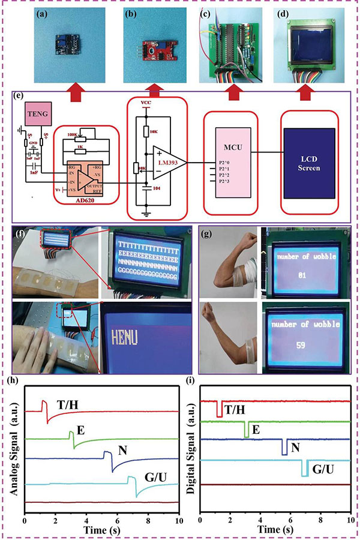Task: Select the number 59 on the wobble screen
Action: (304, 346)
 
